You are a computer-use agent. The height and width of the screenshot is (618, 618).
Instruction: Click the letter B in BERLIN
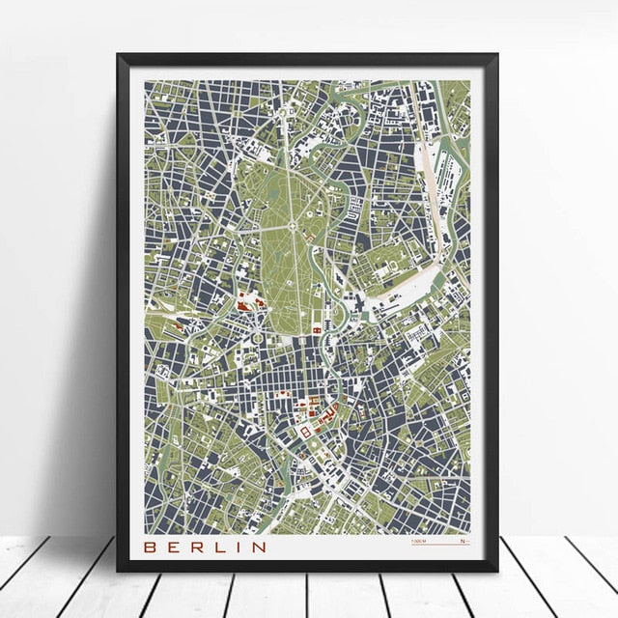click(x=151, y=547)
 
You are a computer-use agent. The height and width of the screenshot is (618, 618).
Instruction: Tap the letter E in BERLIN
click(x=174, y=547)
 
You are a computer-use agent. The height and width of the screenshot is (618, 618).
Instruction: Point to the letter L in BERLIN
click(x=220, y=547)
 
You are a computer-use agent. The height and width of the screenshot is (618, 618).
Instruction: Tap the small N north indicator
click(x=463, y=542)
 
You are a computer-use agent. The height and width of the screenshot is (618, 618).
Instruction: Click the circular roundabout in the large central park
click(x=292, y=201)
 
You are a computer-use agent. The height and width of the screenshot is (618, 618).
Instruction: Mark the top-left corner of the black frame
click(x=118, y=55)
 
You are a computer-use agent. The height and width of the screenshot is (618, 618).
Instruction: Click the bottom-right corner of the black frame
click(x=497, y=571)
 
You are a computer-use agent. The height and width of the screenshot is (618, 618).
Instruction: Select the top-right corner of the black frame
click(x=497, y=55)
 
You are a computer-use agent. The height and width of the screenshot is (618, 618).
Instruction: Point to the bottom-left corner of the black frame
click(x=118, y=571)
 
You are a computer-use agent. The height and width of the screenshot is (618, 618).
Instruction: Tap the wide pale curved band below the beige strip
click(x=406, y=290)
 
